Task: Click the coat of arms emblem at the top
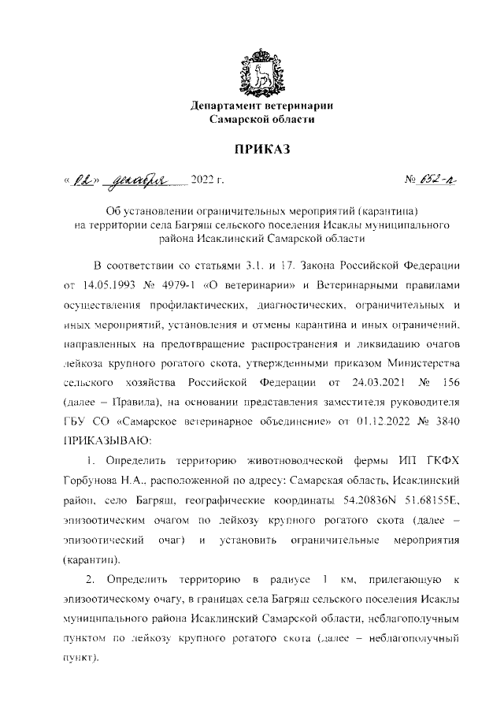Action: (x=263, y=72)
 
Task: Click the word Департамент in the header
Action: (x=228, y=106)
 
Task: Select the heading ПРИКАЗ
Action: (x=263, y=149)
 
